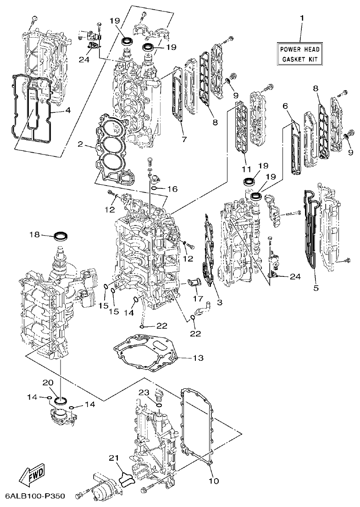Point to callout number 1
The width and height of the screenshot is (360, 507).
coord(302,18)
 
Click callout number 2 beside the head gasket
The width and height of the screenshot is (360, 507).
coord(80,144)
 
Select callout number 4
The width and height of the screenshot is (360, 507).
coord(67,110)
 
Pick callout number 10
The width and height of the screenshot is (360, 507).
coord(214,481)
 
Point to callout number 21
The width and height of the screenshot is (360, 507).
coord(114,458)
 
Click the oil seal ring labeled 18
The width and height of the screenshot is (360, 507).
coord(61,237)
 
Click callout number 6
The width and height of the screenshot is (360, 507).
coord(285,106)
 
